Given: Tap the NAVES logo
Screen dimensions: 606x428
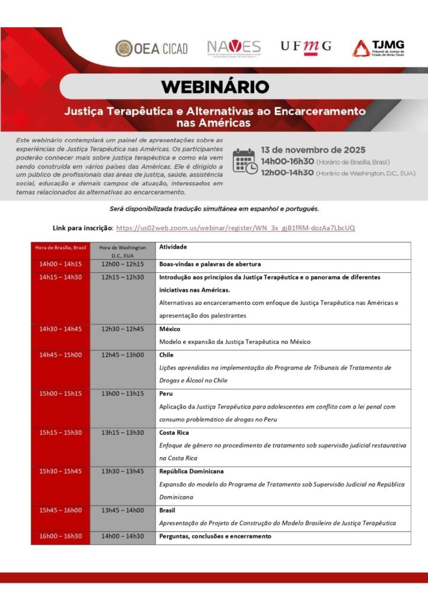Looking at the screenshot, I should pos(234,48).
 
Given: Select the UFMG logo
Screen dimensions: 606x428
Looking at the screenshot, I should pos(306,46).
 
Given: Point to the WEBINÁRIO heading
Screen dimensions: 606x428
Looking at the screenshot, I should pos(215,87).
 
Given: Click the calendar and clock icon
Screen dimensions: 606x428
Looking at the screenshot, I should pos(244,161).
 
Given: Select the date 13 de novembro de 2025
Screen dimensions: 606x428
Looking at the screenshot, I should pos(313,149).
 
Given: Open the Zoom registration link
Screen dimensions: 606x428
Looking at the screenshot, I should pos(235,228).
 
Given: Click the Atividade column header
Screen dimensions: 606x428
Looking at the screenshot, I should pos(173,247).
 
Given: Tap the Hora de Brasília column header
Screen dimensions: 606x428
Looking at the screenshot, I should pos(60,247).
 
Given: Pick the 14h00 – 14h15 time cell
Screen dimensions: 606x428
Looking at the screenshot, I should pos(60,264).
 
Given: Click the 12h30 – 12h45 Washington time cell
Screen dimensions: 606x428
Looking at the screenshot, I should pos(122,329).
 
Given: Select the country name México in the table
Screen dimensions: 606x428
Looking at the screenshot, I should pos(170,329).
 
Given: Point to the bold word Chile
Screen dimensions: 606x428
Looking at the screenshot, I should pos(166,355).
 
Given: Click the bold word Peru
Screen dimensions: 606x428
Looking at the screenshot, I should pos(166,394).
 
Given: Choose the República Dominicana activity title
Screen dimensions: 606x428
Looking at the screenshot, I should pos(191,472).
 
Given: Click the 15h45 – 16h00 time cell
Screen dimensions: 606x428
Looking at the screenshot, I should pos(60,510).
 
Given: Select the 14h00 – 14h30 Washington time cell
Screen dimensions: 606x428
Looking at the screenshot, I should pos(122,536).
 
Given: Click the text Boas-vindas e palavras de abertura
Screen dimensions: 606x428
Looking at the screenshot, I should pos(210,264).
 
